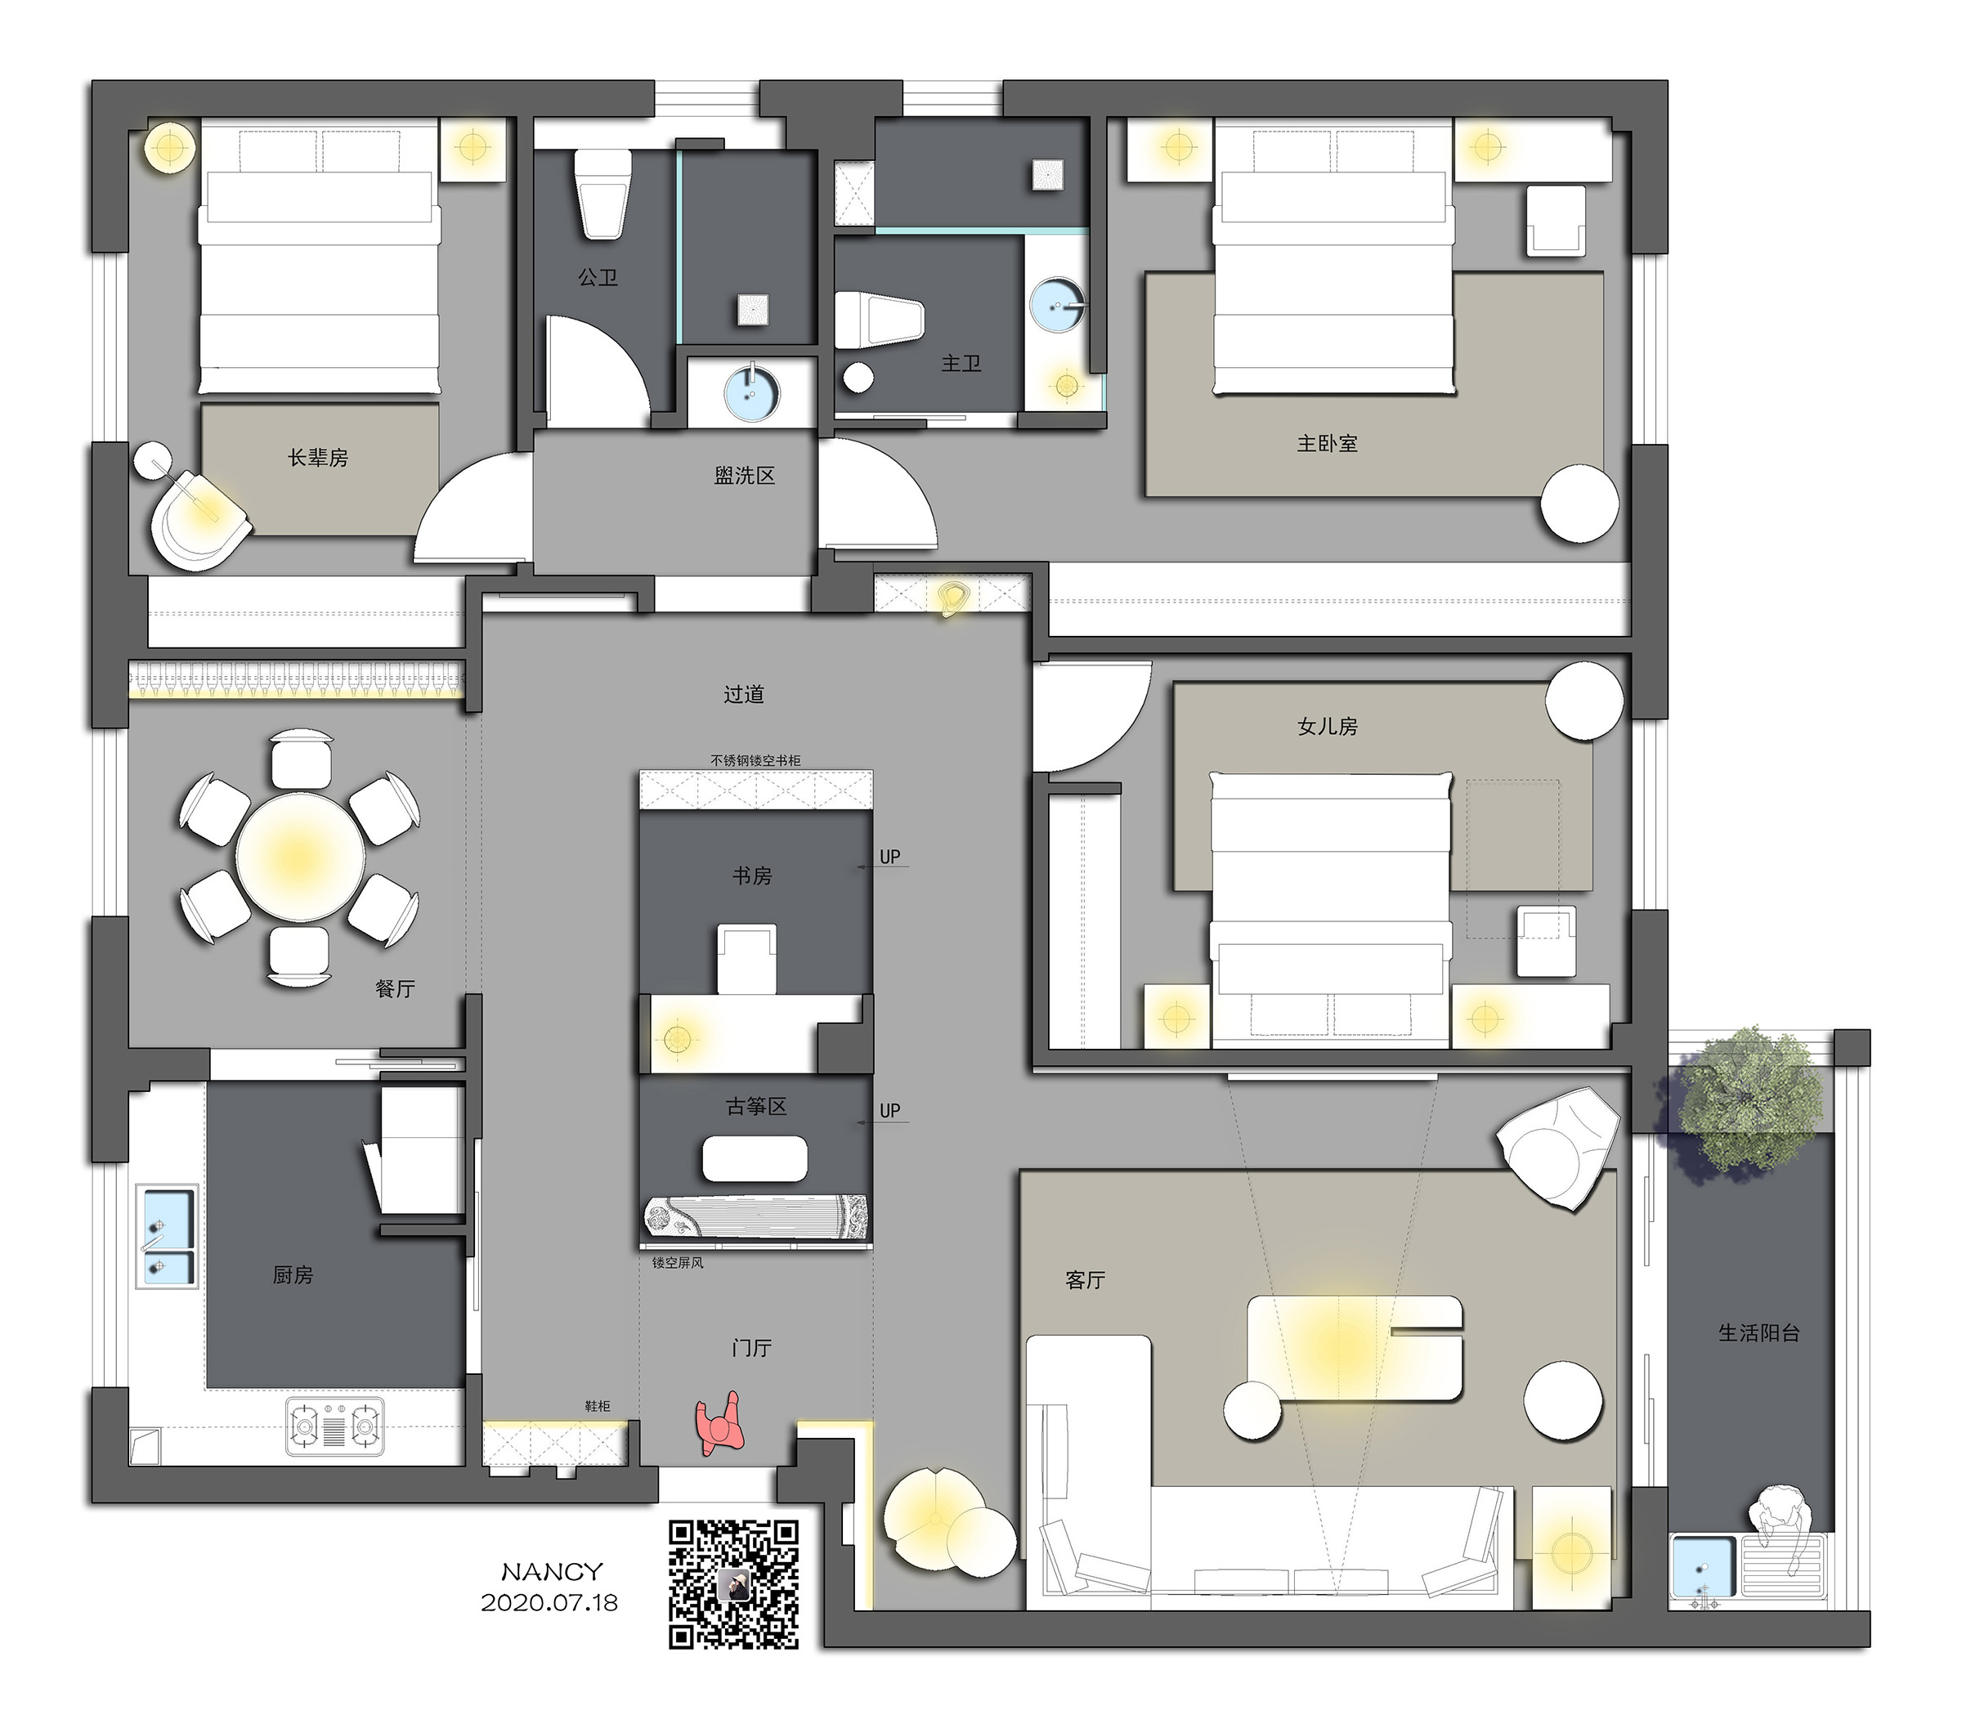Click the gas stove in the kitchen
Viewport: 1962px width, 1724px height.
[x=334, y=1426]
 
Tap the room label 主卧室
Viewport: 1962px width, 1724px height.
[x=1328, y=444]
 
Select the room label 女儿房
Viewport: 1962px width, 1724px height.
[x=1328, y=727]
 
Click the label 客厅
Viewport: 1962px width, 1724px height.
[x=1086, y=1279]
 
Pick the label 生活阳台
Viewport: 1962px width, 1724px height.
[x=1758, y=1332]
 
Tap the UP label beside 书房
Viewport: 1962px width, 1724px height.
[x=889, y=856]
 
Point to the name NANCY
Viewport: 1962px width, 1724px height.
[x=552, y=1571]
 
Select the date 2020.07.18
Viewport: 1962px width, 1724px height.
[x=549, y=1602]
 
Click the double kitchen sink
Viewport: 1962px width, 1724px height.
[x=169, y=1236]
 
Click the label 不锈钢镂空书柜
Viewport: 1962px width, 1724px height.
[x=755, y=760]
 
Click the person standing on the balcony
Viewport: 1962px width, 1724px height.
[x=1779, y=1525]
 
